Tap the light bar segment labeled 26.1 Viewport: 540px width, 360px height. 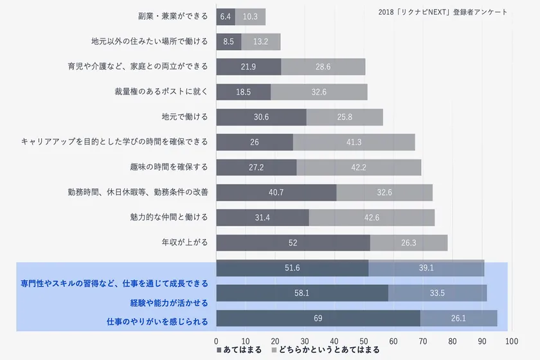point(459,318)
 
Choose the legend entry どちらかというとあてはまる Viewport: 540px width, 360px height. point(325,350)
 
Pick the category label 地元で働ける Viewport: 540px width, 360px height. point(185,117)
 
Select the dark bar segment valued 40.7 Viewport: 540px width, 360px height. point(276,192)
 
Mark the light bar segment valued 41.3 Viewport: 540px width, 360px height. point(354,142)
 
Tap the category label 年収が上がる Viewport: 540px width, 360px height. point(185,242)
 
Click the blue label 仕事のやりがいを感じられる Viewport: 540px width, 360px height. point(157,321)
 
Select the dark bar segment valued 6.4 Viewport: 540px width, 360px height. point(225,17)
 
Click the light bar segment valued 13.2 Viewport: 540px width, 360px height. point(260,42)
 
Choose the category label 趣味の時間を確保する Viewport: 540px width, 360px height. point(168,167)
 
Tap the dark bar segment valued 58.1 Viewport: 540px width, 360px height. point(301,293)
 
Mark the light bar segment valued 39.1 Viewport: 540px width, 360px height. point(426,268)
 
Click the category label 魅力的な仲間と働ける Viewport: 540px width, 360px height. point(168,217)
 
